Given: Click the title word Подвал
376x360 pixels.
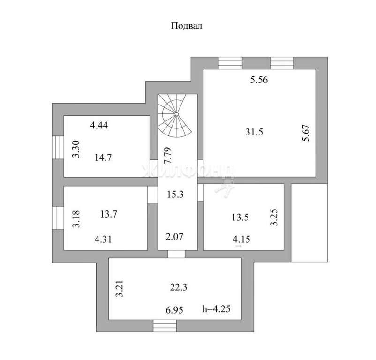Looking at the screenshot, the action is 187,26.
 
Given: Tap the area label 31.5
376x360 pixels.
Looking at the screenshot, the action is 254,132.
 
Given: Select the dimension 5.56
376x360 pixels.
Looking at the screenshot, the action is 259,80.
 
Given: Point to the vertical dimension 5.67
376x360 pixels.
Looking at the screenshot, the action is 306,133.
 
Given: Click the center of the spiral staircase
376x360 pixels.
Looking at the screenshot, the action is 176,114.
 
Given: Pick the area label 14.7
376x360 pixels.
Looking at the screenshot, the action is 103,157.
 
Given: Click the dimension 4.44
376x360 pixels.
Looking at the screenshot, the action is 99,125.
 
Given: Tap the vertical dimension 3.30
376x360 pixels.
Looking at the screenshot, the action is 76,149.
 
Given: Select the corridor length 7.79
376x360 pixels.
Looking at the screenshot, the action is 168,156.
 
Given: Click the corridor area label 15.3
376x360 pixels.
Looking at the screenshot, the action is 175,194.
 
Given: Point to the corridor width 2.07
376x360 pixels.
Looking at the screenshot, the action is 174,237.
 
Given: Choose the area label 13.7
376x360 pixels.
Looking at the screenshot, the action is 109,214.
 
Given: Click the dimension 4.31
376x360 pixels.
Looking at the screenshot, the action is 103,239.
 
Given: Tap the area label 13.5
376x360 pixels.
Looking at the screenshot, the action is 241,217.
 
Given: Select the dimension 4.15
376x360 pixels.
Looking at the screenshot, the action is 241,239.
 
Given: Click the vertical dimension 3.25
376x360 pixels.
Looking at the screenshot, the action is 274,217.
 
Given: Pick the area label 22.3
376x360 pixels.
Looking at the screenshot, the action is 179,287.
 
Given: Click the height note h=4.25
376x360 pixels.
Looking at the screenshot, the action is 217,309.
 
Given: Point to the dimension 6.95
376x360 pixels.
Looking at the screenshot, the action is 174,310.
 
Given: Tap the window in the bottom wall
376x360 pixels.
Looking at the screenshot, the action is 165,326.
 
